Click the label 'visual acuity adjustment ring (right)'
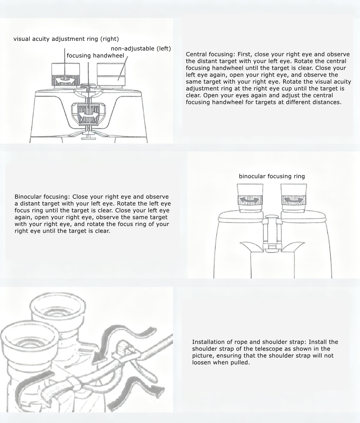(x=66, y=39)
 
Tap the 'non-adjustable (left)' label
(x=141, y=48)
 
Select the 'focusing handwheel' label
(x=95, y=56)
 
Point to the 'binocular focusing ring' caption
(x=272, y=176)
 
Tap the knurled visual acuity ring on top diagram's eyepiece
(x=66, y=80)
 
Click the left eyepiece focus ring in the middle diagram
(x=250, y=200)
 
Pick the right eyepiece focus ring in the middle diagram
(x=294, y=200)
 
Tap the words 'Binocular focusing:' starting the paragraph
(x=43, y=197)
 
